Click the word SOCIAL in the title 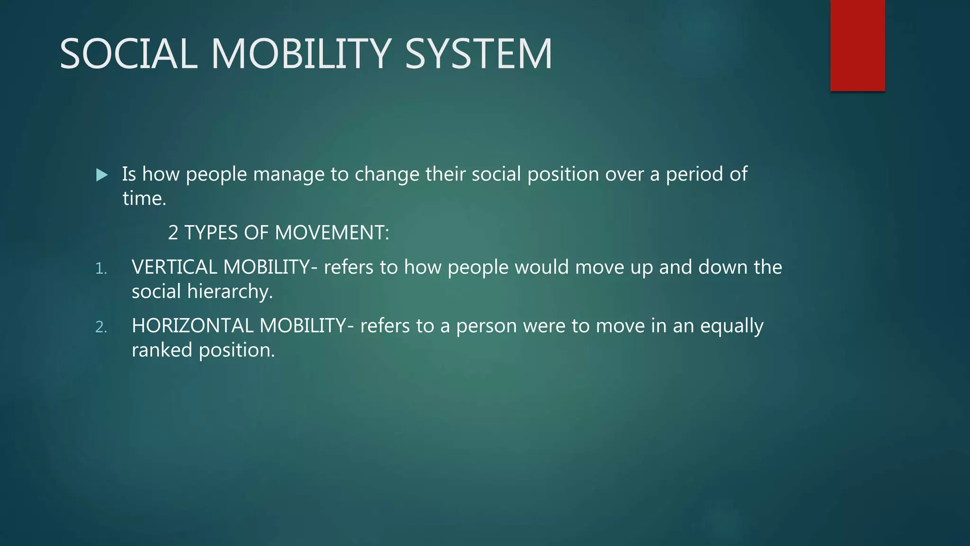coord(128,54)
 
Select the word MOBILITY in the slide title coord(301,54)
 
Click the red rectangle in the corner coord(857,45)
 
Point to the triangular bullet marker coord(101,175)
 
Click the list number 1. coord(100,269)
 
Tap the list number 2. coord(100,327)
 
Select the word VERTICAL coord(174,267)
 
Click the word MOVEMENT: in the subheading coord(332,233)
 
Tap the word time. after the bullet coord(144,198)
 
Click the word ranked coord(162,350)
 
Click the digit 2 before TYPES coord(173,233)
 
